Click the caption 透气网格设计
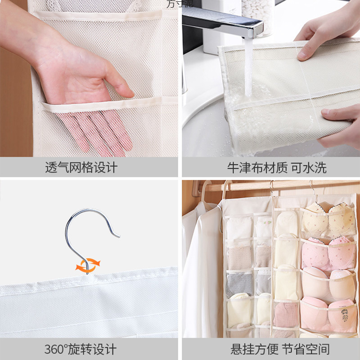point(81,168)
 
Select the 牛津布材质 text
point(257,168)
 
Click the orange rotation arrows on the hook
point(88,265)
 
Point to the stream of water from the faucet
point(248,67)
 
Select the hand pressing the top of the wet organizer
point(319,38)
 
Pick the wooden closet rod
point(279,185)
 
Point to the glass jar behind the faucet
point(257,16)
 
